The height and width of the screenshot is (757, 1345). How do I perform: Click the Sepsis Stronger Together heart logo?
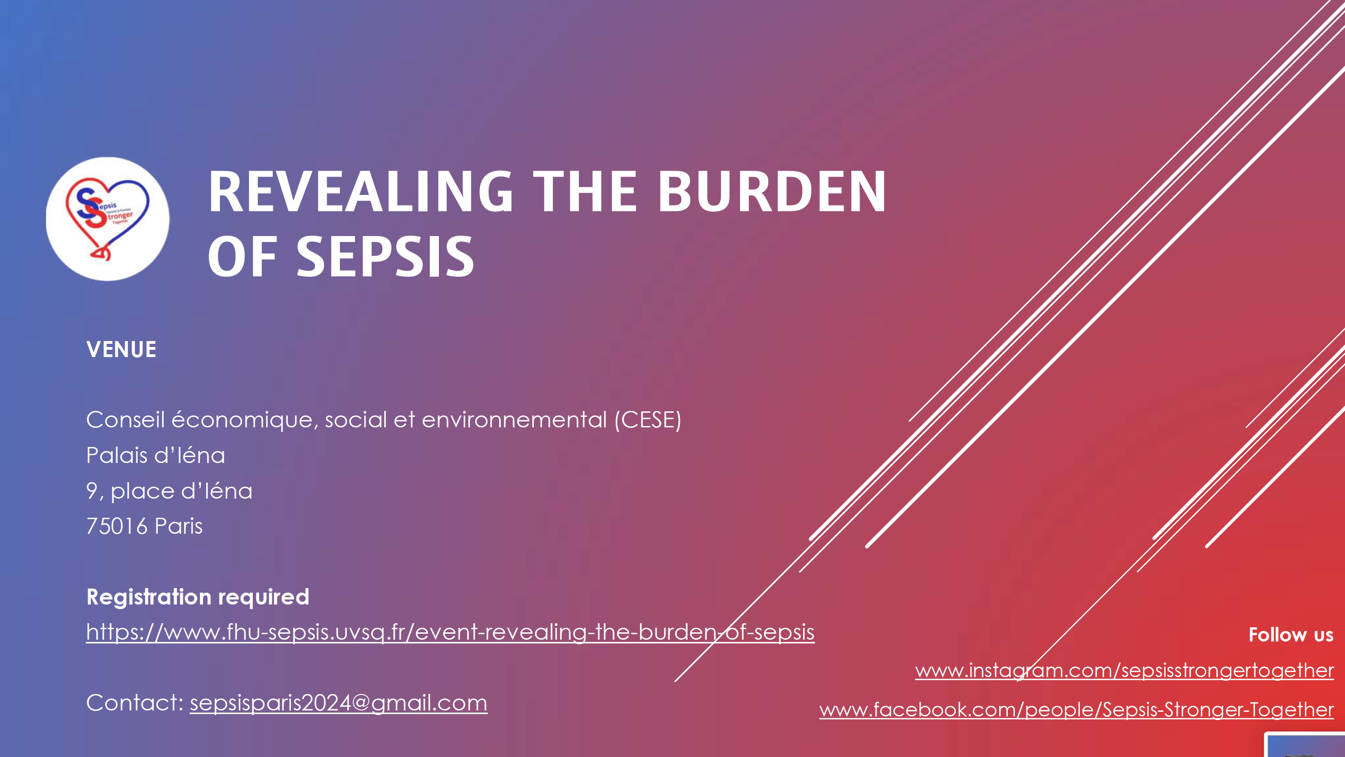click(108, 219)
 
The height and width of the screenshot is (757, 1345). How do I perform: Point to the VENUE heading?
click(121, 349)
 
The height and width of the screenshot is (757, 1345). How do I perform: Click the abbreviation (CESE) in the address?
click(648, 420)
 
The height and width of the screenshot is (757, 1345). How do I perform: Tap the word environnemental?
click(514, 420)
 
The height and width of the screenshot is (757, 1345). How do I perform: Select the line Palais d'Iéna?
click(156, 455)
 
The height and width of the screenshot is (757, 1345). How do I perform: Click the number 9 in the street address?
click(92, 490)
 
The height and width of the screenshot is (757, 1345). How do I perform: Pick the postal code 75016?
click(117, 526)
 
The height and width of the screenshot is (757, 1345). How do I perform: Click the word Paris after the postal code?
click(178, 526)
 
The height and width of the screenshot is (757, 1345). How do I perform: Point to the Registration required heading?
click(198, 597)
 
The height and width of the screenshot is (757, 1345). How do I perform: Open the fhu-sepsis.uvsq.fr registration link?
click(450, 632)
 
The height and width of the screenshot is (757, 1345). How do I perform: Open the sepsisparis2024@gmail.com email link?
click(339, 703)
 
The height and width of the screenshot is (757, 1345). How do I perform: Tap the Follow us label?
click(1291, 635)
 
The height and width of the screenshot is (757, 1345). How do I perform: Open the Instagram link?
click(1124, 670)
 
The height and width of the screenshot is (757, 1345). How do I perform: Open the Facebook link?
click(1077, 710)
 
